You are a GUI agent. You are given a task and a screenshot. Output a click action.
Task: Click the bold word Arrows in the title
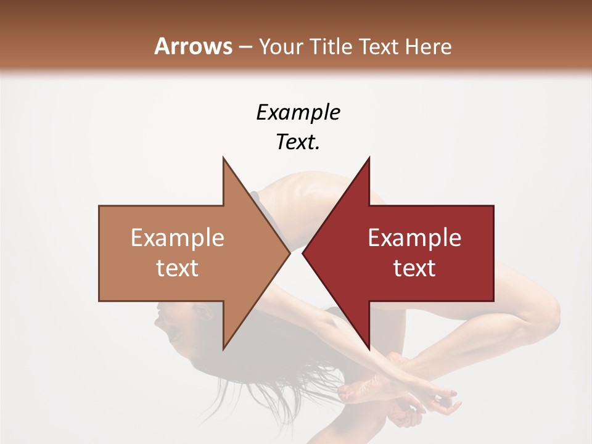pyautogui.click(x=193, y=46)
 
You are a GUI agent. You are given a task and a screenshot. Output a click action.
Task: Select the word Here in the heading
pyautogui.click(x=429, y=46)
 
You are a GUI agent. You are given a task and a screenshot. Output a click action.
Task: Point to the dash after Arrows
pyautogui.click(x=245, y=47)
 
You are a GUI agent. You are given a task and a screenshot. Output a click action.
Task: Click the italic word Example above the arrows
pyautogui.click(x=298, y=112)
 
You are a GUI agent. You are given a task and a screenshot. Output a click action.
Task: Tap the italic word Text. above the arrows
pyautogui.click(x=298, y=142)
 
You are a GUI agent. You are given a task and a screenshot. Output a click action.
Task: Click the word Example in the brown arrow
pyautogui.click(x=177, y=238)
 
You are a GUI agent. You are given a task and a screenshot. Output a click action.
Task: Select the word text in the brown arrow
pyautogui.click(x=177, y=268)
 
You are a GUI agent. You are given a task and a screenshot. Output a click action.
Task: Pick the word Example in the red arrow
pyautogui.click(x=414, y=238)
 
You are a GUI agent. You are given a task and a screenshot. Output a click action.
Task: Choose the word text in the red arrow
pyautogui.click(x=414, y=268)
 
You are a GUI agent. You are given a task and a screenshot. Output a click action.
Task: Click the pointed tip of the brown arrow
pyautogui.click(x=289, y=253)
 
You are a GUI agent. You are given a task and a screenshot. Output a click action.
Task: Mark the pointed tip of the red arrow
pyautogui.click(x=303, y=253)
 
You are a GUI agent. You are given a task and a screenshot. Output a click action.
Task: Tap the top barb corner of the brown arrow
pyautogui.click(x=223, y=158)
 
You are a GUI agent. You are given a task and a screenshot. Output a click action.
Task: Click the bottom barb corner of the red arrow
pyautogui.click(x=369, y=348)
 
